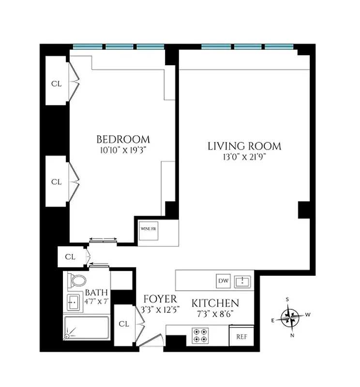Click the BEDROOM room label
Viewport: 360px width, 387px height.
coord(123,139)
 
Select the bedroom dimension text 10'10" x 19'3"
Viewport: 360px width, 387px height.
coord(123,150)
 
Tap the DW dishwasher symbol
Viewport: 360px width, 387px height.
coord(223,281)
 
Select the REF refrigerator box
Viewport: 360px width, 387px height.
coord(241,337)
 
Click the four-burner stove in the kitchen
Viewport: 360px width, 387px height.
coord(200,335)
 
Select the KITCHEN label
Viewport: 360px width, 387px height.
coord(215,303)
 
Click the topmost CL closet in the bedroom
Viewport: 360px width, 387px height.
coord(57,83)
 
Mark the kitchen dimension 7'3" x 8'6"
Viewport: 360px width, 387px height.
coord(215,313)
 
